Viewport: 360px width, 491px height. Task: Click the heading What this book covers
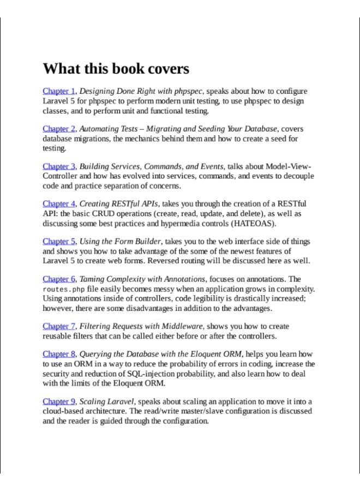(116, 69)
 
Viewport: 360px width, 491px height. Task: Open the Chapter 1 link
(59, 91)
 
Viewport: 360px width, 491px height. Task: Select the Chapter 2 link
(59, 129)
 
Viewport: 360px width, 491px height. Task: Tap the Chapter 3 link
(59, 166)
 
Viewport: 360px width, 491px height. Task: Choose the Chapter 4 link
(59, 204)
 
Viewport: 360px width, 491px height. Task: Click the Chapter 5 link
(59, 241)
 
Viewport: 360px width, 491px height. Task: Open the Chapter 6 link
(59, 279)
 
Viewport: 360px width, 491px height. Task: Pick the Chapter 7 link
(59, 326)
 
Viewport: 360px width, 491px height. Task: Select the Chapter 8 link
(59, 354)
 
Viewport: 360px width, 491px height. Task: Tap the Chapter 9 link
(59, 402)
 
